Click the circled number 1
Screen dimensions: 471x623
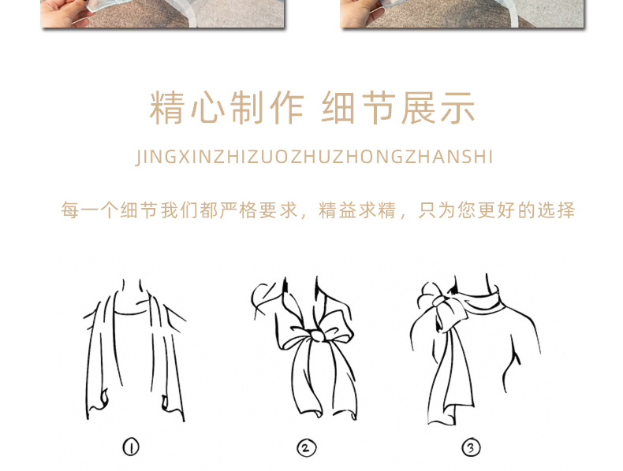131,447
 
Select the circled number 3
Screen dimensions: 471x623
471,448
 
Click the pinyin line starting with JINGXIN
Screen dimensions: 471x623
314,157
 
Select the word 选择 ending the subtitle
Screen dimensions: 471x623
556,211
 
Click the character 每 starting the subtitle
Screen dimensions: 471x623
70,211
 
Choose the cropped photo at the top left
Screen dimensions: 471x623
162,13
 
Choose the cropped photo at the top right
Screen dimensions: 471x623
462,13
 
